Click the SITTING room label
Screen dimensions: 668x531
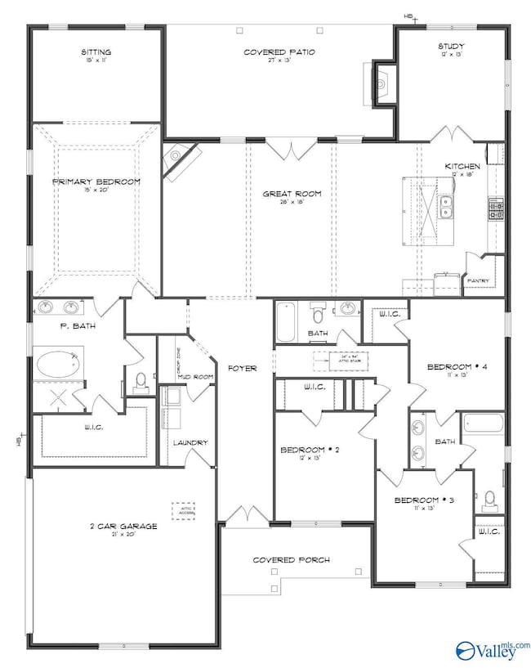[96, 52]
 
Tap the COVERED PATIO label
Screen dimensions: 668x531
[279, 52]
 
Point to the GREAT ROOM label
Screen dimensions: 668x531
[291, 194]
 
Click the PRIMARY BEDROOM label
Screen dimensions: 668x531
[96, 182]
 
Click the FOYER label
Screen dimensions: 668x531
[242, 368]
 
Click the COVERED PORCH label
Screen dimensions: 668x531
[291, 560]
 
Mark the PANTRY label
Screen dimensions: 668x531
[477, 281]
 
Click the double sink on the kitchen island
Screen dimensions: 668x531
[446, 208]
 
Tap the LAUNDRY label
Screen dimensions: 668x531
[190, 442]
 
